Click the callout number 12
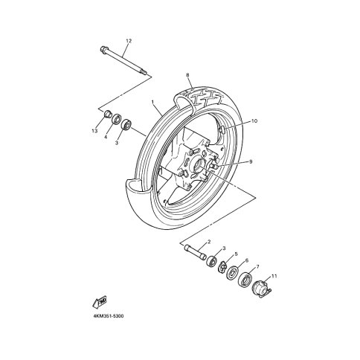[129, 41]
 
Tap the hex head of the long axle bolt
[103, 49]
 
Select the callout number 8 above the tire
[187, 74]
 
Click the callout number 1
[152, 102]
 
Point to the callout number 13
[94, 131]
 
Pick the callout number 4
[106, 137]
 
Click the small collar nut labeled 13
[107, 115]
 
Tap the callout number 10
[254, 121]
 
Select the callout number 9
[251, 161]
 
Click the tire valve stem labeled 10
[223, 129]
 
